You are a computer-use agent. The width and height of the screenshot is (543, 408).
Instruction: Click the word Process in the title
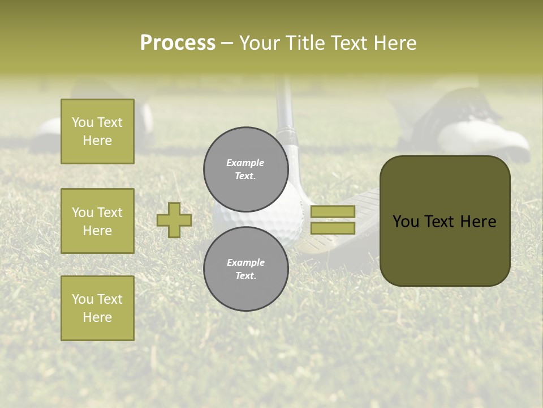(178, 43)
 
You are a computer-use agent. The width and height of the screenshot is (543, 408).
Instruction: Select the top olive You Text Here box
(97, 131)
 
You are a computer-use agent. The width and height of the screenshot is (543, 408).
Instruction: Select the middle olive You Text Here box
(97, 221)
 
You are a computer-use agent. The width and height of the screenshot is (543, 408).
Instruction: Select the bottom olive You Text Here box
(97, 308)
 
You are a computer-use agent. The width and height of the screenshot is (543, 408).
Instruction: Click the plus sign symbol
(174, 220)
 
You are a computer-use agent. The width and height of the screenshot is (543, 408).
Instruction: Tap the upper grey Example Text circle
(245, 169)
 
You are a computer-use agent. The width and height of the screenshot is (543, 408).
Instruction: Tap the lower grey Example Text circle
(245, 269)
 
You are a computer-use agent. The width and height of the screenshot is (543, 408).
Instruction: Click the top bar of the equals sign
(333, 211)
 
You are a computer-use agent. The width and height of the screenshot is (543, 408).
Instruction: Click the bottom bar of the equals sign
(333, 228)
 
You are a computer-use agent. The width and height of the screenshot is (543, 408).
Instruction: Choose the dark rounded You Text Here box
(445, 221)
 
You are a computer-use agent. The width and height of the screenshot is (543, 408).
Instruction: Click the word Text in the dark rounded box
(445, 222)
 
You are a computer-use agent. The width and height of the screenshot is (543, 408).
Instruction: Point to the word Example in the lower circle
(245, 262)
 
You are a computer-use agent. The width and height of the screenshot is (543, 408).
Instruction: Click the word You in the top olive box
(83, 122)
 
